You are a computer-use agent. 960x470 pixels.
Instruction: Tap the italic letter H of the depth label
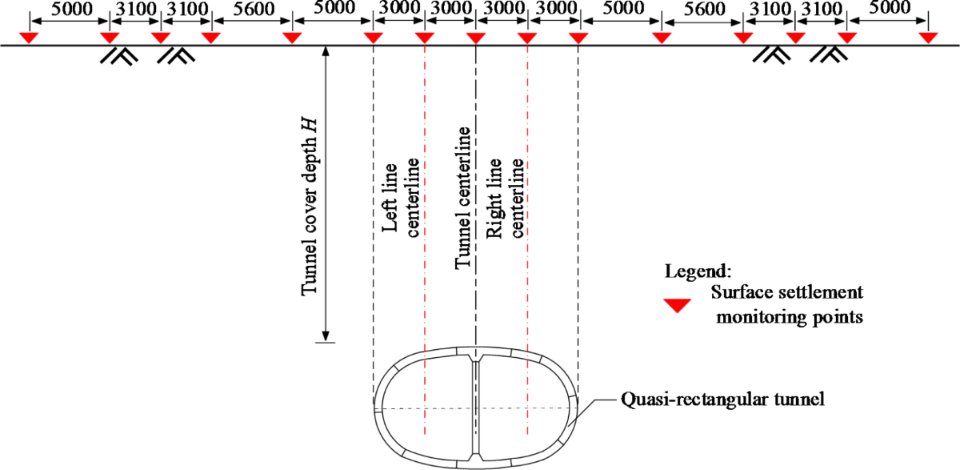coord(309,125)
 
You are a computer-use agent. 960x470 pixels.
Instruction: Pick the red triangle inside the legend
coord(679,303)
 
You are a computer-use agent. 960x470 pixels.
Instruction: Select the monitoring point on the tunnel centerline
coord(476,38)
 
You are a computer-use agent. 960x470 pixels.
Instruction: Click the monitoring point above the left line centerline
coord(425,38)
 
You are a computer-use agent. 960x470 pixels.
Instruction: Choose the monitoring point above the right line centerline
coord(526,38)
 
